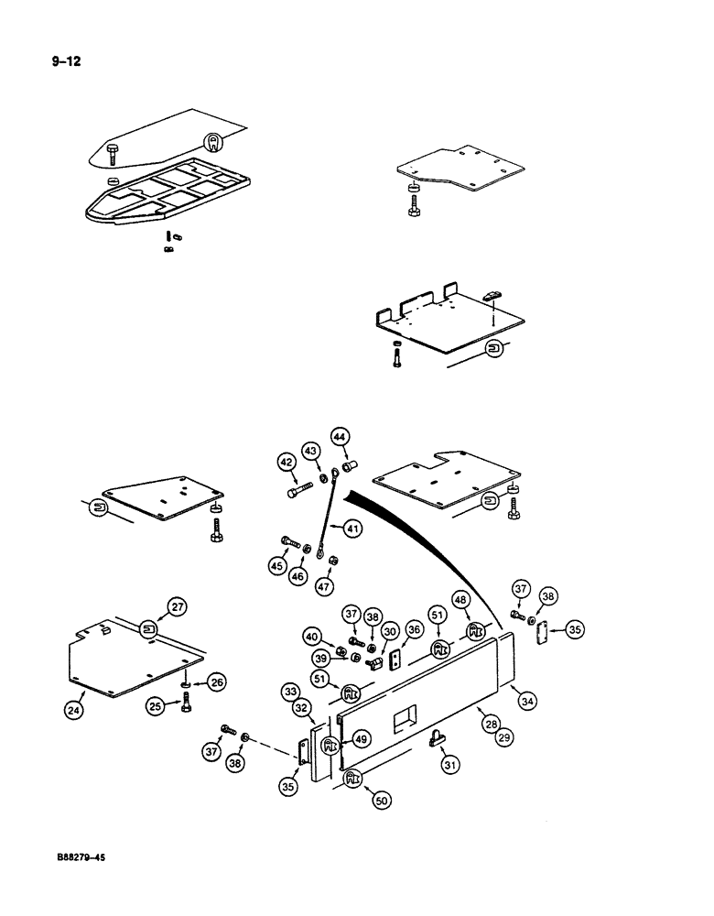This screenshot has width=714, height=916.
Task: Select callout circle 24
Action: [x=76, y=707]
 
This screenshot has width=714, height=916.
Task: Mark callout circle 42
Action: [x=287, y=463]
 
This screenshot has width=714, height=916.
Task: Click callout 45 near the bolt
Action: [x=277, y=566]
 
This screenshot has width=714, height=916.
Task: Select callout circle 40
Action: [x=314, y=637]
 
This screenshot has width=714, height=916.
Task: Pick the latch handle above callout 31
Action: [x=437, y=736]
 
